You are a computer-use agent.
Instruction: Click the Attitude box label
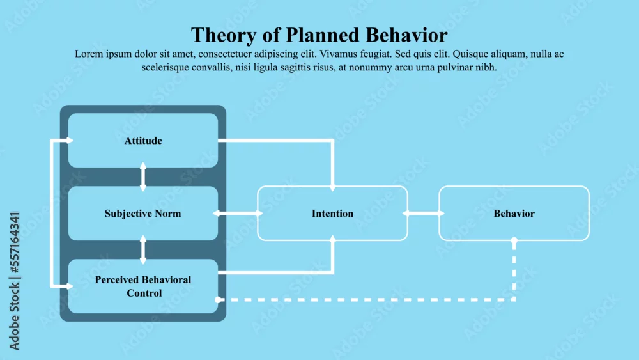[143, 141]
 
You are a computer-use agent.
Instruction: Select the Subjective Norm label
[142, 214]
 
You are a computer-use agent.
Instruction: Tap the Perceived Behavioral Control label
[143, 286]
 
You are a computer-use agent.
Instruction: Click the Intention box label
[332, 214]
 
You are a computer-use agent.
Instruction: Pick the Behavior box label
[514, 214]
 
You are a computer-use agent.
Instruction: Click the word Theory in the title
[223, 35]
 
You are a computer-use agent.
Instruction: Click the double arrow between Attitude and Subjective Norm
[143, 177]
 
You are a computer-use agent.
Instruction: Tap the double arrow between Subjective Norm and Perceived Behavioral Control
[143, 249]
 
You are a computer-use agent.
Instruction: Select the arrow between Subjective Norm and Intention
[238, 213]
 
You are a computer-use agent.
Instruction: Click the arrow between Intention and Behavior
[424, 213]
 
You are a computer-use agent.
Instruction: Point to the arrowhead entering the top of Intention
[332, 188]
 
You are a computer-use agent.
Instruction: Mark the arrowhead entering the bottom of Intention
[332, 239]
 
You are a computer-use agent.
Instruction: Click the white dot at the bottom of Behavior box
[514, 240]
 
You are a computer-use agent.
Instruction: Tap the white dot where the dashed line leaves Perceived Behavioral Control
[218, 300]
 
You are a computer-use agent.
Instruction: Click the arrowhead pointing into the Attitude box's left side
[70, 141]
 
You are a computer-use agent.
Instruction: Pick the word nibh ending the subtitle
[486, 67]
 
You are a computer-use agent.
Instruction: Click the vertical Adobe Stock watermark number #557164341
[14, 242]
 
